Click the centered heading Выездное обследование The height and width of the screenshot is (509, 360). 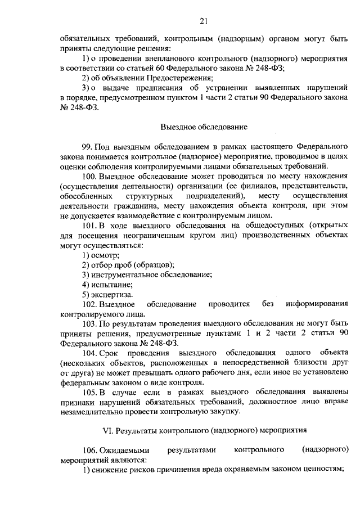(203, 127)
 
